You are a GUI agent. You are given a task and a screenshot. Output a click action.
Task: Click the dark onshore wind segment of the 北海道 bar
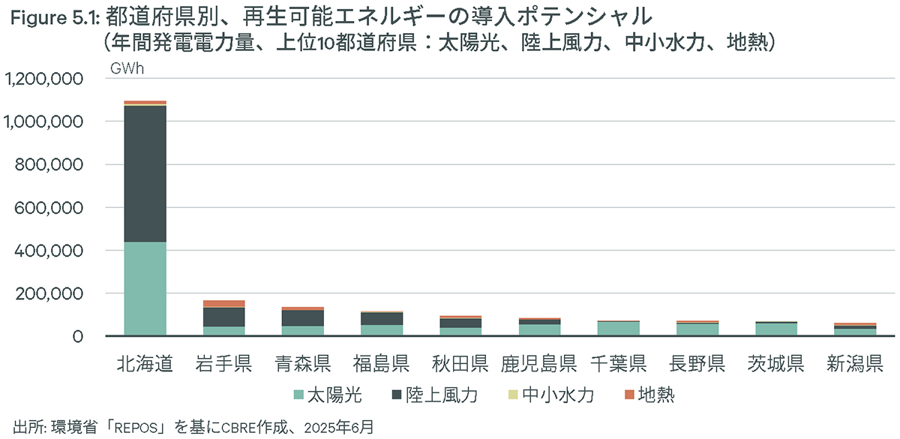pyautogui.click(x=145, y=173)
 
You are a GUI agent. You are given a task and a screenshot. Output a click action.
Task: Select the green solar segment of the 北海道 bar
pyautogui.click(x=145, y=289)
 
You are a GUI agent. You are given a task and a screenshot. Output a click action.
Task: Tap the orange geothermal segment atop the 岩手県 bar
pyautogui.click(x=223, y=304)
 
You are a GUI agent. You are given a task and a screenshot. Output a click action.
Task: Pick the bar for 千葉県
pyautogui.click(x=619, y=328)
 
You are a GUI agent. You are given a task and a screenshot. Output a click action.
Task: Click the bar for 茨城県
pyautogui.click(x=776, y=329)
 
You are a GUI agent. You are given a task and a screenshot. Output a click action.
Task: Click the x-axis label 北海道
pyautogui.click(x=145, y=365)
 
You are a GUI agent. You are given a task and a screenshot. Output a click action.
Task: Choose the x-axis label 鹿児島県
pyautogui.click(x=538, y=365)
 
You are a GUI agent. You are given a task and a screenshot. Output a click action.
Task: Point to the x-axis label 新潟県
pyautogui.click(x=855, y=365)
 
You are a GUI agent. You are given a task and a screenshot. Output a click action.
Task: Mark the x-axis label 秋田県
pyautogui.click(x=460, y=365)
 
